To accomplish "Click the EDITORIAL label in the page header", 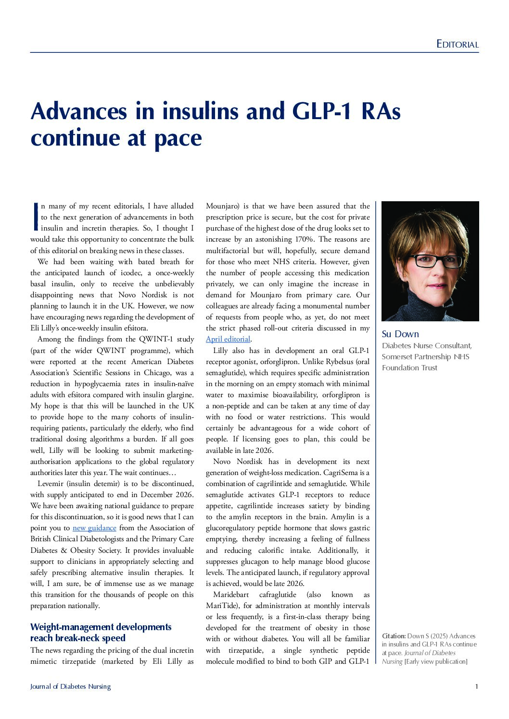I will pos(457,44).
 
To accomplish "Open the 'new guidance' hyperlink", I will pos(94,528).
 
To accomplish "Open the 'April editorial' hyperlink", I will pos(228,339).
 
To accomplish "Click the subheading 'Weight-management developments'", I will pos(101,627).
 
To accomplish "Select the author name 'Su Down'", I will pos(400,334).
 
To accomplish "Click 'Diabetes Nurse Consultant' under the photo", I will pos(426,346).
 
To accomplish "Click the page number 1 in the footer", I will pos(476,686).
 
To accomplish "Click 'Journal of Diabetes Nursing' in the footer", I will pos(70,686).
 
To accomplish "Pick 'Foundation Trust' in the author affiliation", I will pos(409,368).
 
